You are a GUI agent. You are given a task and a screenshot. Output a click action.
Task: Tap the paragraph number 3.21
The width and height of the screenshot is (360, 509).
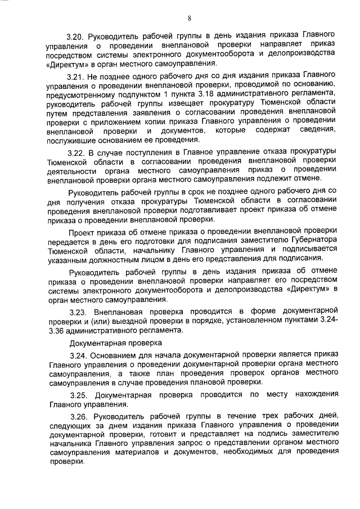pos(78,75)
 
